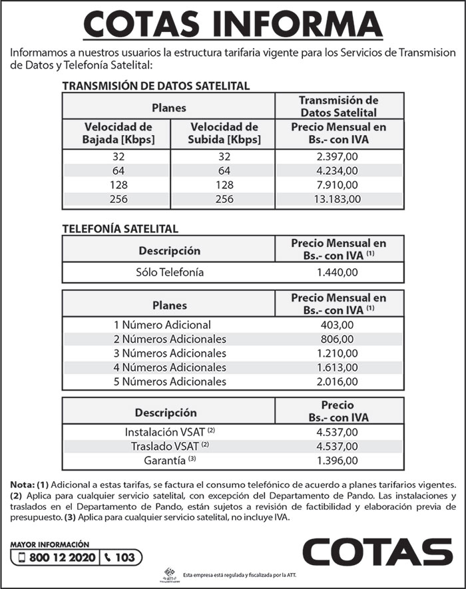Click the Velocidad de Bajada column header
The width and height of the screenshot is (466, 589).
(x=118, y=133)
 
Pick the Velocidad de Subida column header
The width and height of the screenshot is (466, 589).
(x=224, y=133)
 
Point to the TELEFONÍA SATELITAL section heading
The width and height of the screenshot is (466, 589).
(x=120, y=228)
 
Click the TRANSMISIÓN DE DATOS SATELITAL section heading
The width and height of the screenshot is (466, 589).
(x=156, y=86)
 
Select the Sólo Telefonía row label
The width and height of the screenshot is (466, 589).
(x=169, y=272)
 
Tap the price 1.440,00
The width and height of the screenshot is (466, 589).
(x=339, y=272)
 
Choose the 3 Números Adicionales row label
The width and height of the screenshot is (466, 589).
(x=170, y=353)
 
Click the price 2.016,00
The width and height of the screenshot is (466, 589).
(x=339, y=381)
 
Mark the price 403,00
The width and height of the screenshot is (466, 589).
(x=339, y=325)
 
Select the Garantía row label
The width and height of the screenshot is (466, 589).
(x=170, y=460)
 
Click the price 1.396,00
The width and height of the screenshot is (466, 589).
(x=339, y=460)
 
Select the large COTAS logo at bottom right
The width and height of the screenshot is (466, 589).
(x=377, y=552)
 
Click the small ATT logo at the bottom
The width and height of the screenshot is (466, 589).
(x=172, y=574)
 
